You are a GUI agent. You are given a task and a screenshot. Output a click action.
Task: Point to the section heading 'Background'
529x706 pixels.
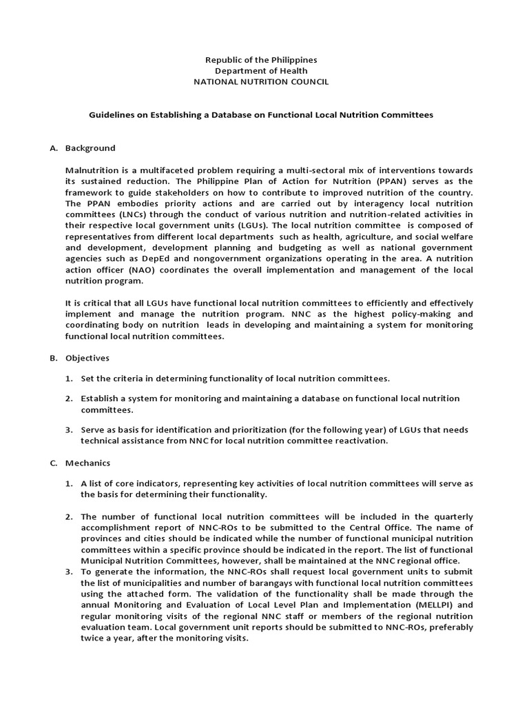[x=90, y=148]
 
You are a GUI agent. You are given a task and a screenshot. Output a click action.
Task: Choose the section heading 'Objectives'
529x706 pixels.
[x=87, y=358]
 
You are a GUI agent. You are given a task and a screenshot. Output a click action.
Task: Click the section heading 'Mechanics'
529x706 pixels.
[x=87, y=463]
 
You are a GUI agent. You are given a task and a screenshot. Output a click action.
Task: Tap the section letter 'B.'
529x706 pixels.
[x=53, y=358]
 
